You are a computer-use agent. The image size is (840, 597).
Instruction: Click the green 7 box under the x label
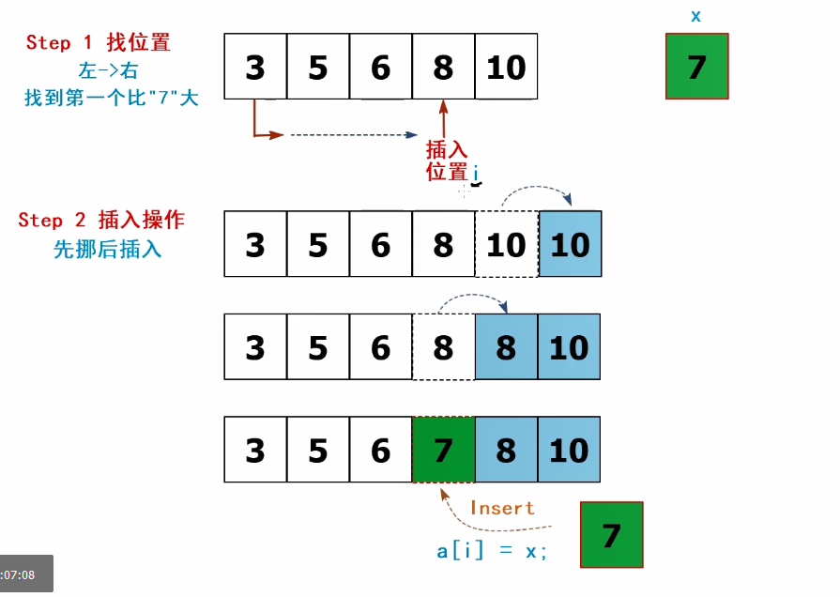(x=696, y=67)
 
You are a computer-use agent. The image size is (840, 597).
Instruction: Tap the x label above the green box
(x=695, y=16)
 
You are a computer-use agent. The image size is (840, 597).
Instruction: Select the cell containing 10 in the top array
(x=506, y=67)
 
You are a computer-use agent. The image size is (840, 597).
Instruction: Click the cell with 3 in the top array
(x=255, y=67)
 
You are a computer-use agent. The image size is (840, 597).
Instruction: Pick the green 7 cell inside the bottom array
(x=443, y=451)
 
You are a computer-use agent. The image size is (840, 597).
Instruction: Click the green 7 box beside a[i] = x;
(x=611, y=535)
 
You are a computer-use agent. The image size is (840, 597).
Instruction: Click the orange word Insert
(x=502, y=508)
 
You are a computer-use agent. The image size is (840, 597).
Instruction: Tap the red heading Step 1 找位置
(x=98, y=42)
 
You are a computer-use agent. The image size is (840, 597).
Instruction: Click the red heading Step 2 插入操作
(x=101, y=221)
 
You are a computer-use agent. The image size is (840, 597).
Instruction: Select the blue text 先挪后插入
(x=107, y=250)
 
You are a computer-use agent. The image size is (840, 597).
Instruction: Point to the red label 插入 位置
(x=447, y=161)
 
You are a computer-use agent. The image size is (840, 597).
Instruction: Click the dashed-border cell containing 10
(x=506, y=244)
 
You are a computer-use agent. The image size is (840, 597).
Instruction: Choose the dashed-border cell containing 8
(x=443, y=347)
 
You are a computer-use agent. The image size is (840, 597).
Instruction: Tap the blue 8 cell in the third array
(x=506, y=347)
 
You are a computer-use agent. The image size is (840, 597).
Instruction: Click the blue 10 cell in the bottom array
(x=569, y=451)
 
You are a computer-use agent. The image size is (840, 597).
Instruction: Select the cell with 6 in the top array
(x=380, y=67)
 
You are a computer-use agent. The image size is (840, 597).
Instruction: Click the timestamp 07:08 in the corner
(x=19, y=574)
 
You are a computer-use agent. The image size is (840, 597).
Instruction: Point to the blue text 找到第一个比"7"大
(x=112, y=97)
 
